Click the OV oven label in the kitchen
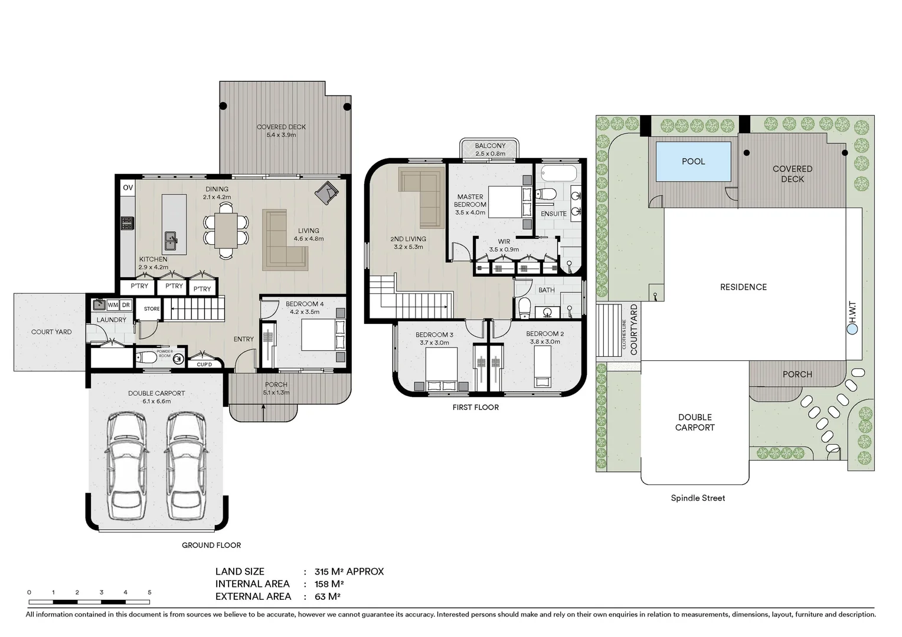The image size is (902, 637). tap(128, 188)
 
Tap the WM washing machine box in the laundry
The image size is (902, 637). tap(113, 305)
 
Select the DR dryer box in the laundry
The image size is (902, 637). tap(126, 305)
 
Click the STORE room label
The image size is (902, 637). tap(152, 308)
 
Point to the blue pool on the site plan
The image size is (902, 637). tap(693, 161)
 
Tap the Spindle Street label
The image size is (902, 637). tap(698, 498)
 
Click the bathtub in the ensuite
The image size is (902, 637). tap(558, 173)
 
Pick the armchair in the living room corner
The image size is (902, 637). tap(326, 192)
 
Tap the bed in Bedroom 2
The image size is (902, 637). tap(542, 365)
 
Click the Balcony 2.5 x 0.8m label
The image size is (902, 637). tap(490, 149)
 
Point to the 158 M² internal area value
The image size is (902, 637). tap(329, 584)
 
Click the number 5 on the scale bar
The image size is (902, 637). tap(149, 592)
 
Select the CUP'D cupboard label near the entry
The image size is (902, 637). tap(204, 364)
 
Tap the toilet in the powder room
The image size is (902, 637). tap(145, 357)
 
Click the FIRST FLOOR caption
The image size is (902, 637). tap(475, 407)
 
